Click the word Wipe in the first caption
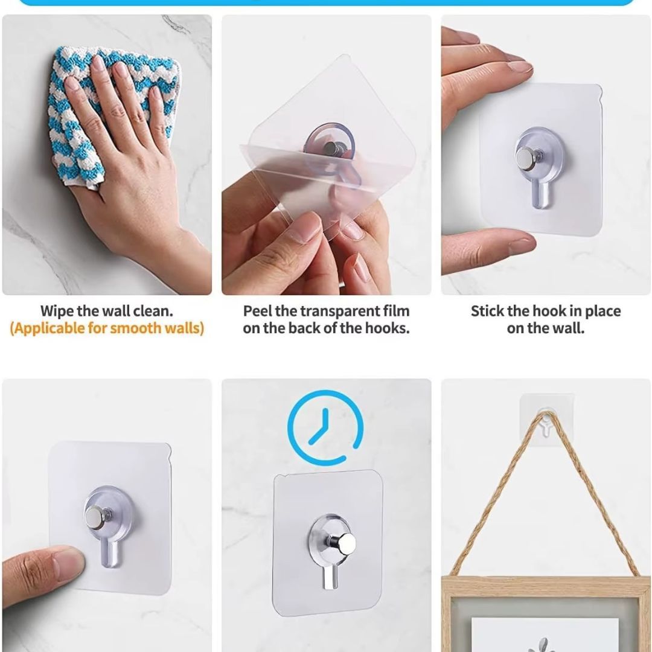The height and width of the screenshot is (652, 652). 57,311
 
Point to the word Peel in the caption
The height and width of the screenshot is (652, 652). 257,311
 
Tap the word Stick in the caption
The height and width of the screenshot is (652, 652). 487,311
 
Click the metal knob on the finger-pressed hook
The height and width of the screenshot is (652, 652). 94,518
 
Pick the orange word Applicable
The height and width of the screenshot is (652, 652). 48,328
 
